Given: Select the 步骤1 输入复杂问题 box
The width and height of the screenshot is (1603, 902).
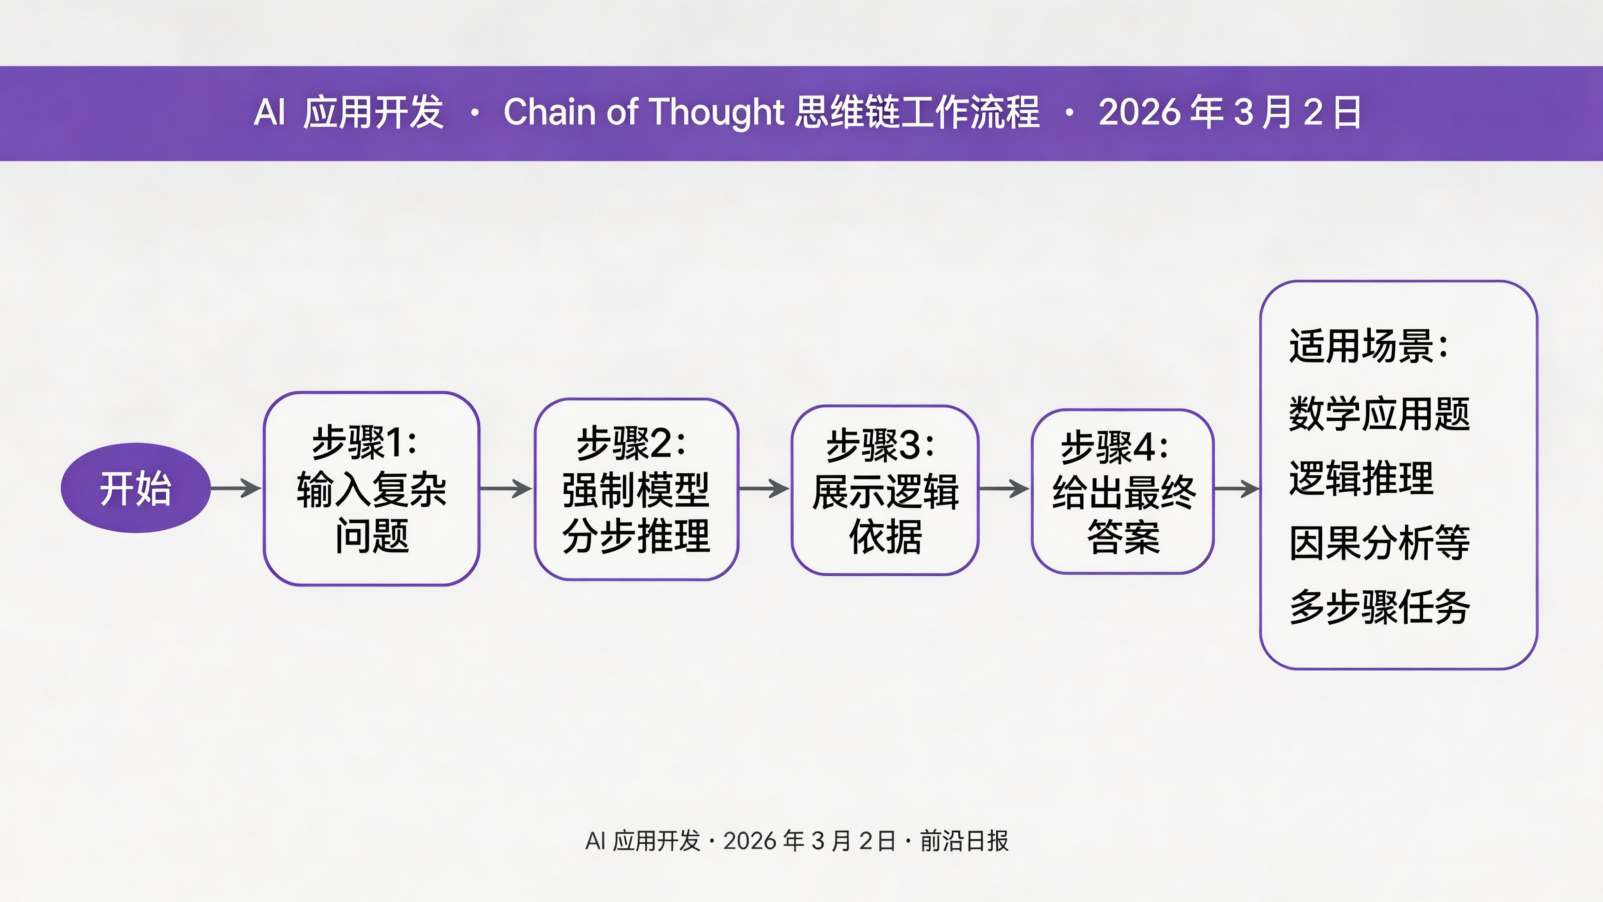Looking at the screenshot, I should pyautogui.click(x=371, y=489).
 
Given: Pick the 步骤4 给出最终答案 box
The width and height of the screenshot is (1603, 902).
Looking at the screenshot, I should pyautogui.click(x=1122, y=491).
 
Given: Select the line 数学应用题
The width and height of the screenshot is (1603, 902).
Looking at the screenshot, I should pyautogui.click(x=1379, y=413).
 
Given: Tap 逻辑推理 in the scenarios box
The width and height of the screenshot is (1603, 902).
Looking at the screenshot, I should pyautogui.click(x=1361, y=478).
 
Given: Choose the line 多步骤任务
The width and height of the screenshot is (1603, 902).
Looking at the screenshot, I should pyautogui.click(x=1379, y=607).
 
